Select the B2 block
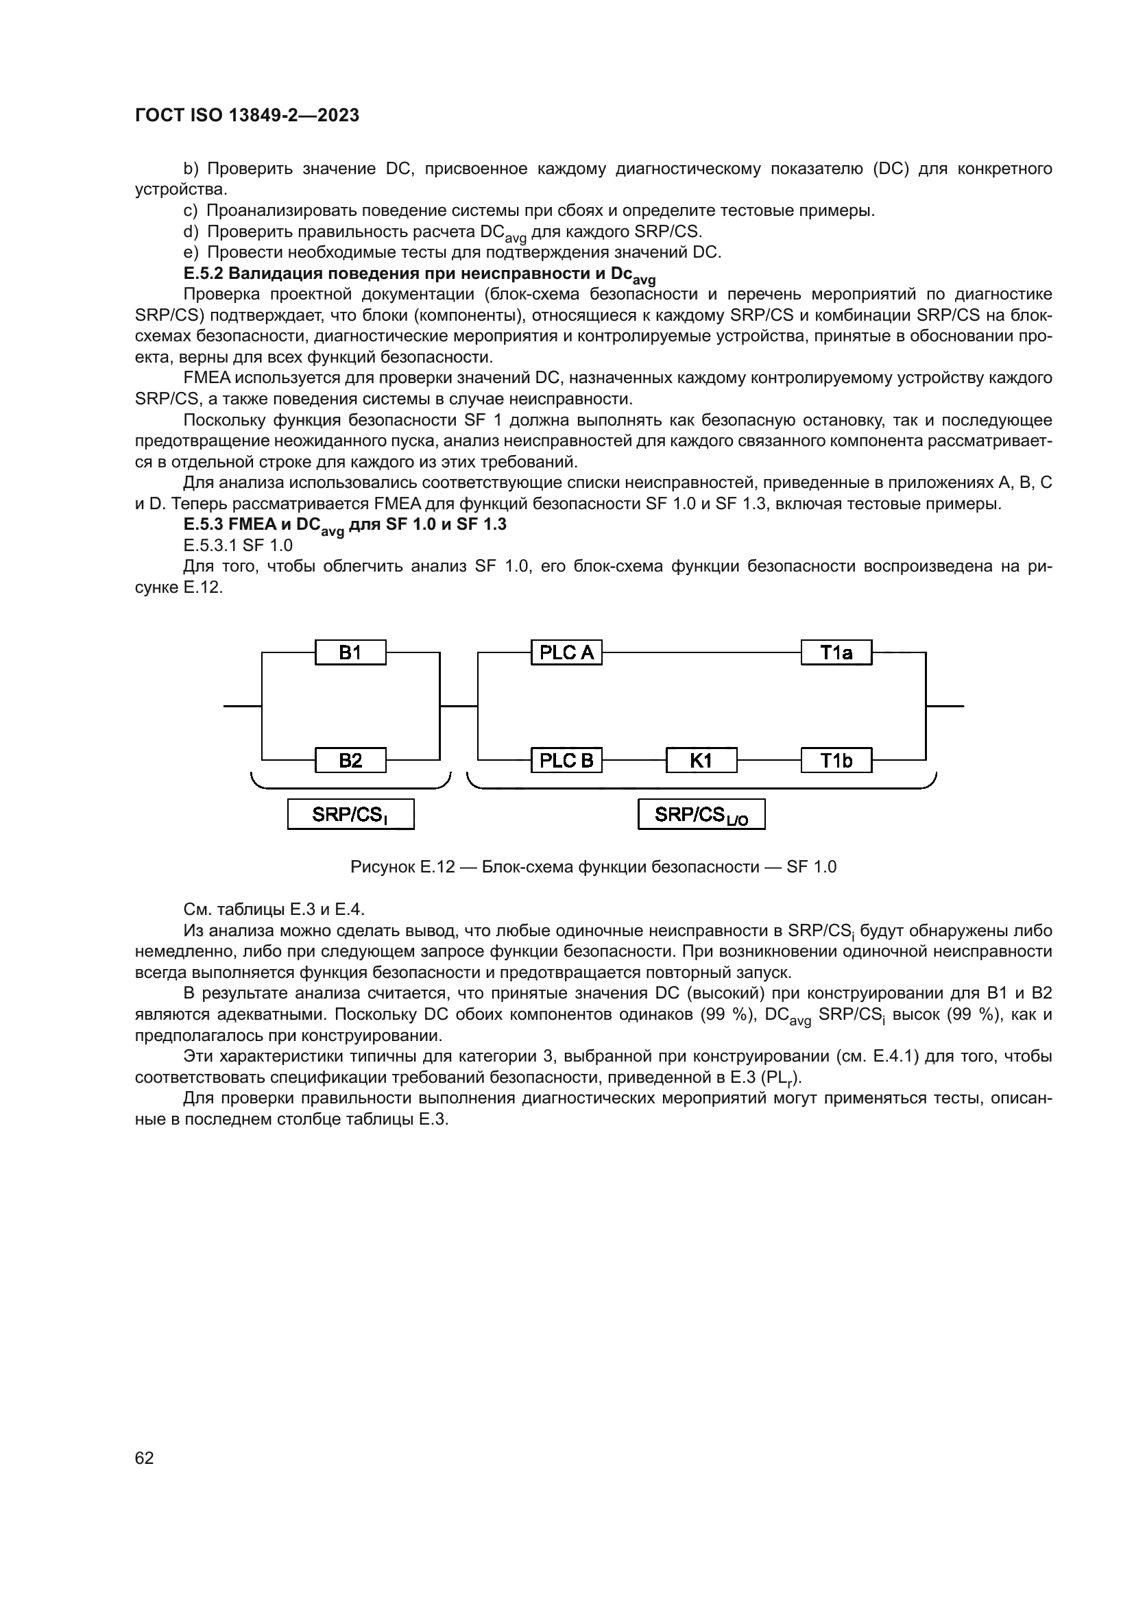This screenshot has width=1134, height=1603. pos(350,759)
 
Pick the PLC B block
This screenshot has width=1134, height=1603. pos(566,759)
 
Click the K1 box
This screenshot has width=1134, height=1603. pos(701,759)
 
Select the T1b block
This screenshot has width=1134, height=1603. pos(836,759)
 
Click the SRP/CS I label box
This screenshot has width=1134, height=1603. pos(350,814)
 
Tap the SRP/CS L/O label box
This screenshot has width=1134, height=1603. pos(701,814)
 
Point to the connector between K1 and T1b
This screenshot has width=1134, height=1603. pos(769,759)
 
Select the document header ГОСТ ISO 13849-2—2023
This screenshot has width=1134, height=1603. pos(248,115)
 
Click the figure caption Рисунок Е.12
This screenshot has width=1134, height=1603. pos(593,867)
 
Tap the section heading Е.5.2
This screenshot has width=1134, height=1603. pos(419,273)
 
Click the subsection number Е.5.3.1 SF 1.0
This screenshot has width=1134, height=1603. pos(237,546)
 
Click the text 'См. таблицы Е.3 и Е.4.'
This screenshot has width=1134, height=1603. pos(274,909)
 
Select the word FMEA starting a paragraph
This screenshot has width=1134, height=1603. pos(206,378)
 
